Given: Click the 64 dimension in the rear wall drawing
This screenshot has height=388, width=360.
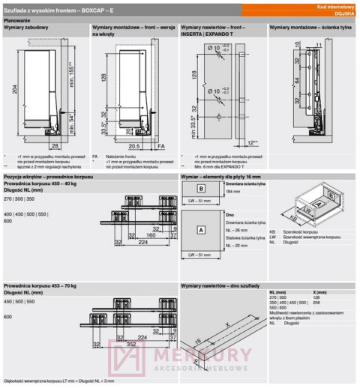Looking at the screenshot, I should pyautogui.click(x=276, y=81).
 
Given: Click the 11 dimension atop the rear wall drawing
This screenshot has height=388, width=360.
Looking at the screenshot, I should pyautogui.click(x=318, y=45).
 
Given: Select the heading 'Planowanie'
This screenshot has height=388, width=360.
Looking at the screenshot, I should pyautogui.click(x=18, y=20).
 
